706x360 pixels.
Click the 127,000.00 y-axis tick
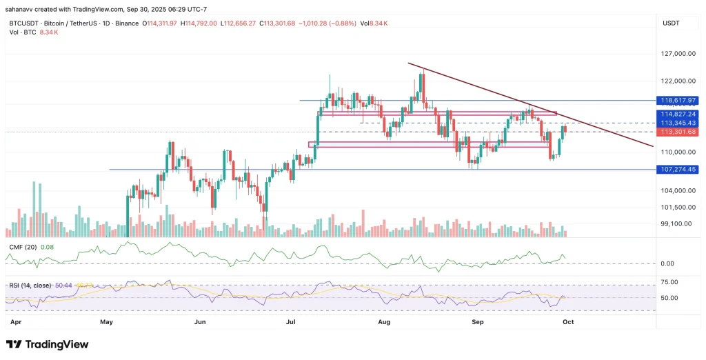click(x=676, y=53)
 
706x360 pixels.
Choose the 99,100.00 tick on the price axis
click(x=676, y=223)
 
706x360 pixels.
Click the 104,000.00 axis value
click(x=676, y=190)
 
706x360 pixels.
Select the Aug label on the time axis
click(x=384, y=321)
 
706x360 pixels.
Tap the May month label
click(x=106, y=321)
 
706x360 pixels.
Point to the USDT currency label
click(x=672, y=23)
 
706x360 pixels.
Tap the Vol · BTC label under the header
click(x=19, y=32)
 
